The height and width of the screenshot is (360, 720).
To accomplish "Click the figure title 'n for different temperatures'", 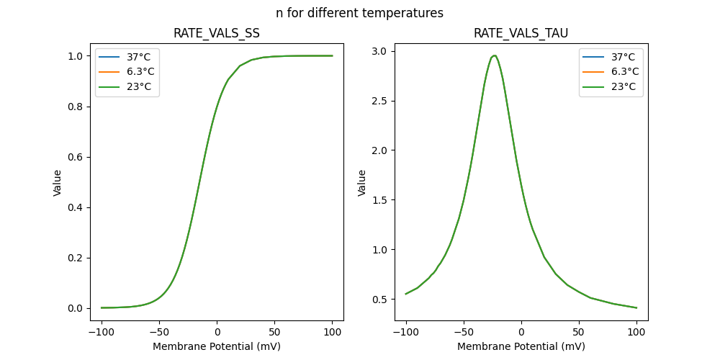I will click(x=359, y=13).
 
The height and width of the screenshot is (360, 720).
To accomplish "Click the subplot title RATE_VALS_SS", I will click(x=217, y=33).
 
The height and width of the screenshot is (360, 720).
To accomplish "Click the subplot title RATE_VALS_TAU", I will click(x=521, y=33).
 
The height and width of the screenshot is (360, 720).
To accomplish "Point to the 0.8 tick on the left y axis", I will click(x=76, y=107).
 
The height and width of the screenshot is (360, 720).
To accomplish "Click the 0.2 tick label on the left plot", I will click(x=76, y=258).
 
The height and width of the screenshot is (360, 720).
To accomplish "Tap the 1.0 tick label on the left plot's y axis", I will click(x=76, y=56).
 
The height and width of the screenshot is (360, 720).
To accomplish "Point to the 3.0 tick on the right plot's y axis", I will click(x=380, y=51).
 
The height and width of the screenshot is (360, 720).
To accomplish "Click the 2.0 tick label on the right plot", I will click(x=380, y=150).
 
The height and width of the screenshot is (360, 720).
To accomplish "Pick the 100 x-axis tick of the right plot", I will click(x=636, y=333).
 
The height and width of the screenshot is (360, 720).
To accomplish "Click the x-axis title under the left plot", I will click(x=217, y=346).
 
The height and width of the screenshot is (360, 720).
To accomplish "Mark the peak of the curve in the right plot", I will click(x=494, y=55).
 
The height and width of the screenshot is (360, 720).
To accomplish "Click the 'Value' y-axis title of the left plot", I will click(x=58, y=182).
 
